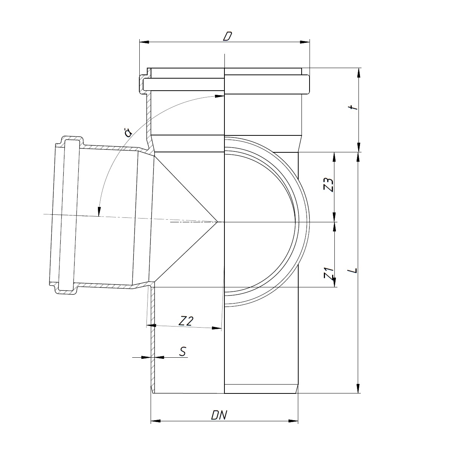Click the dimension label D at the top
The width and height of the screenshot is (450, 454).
[227, 36]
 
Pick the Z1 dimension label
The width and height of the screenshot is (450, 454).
[329, 273]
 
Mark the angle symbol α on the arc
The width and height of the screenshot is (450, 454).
[128, 133]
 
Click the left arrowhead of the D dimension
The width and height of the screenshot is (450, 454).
[144, 42]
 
